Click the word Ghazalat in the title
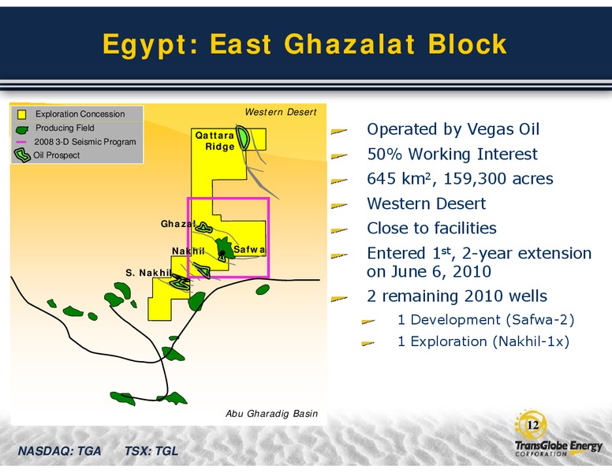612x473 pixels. [x=349, y=43]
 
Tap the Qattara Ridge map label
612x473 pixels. [x=215, y=141]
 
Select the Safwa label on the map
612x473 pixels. [x=249, y=249]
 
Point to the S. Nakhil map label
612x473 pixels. [x=148, y=273]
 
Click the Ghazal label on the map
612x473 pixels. [x=178, y=224]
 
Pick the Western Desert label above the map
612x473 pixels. [x=281, y=112]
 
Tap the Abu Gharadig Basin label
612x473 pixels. [x=271, y=413]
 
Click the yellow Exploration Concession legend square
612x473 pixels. [x=21, y=114]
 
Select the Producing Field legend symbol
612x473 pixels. [x=22, y=129]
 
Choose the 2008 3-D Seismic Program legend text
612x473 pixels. [x=85, y=142]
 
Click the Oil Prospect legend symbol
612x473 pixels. [x=22, y=155]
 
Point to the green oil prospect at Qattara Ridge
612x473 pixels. [x=243, y=137]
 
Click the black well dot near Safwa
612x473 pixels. [x=222, y=253]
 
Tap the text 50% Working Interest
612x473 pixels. [x=452, y=155]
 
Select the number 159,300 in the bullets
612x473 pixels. [x=476, y=179]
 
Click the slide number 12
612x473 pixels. [x=533, y=425]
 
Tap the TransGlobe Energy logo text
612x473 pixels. [x=558, y=446]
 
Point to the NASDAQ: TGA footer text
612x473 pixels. [x=59, y=451]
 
